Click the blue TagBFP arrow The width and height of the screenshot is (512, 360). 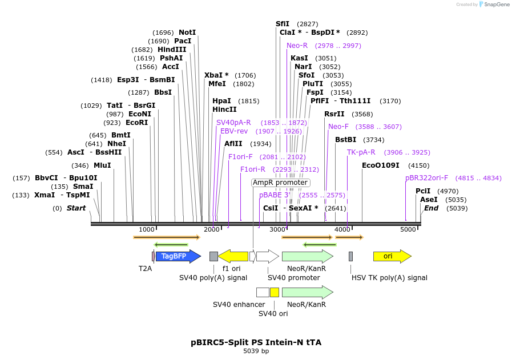178,256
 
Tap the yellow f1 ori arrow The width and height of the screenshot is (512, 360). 233,256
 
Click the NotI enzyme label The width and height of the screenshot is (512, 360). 187,33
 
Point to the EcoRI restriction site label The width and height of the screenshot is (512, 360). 137,123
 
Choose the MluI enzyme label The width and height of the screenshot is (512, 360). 102,165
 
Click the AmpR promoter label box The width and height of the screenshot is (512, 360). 280,183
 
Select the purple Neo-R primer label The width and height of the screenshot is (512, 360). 297,46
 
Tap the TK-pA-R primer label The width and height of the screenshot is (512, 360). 361,152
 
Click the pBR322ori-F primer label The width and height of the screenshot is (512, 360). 427,178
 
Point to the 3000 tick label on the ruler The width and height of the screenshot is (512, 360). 277,229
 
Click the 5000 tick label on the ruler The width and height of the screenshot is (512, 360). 408,229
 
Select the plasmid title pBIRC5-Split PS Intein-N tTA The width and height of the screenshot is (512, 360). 256,342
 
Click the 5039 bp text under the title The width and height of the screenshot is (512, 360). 256,351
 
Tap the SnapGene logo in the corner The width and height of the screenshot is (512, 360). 494,5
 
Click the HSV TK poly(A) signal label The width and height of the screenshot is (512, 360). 389,278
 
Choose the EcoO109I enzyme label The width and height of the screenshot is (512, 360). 381,165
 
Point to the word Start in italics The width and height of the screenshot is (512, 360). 76,208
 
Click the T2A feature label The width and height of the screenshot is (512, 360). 146,268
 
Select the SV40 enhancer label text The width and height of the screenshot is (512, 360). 239,305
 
